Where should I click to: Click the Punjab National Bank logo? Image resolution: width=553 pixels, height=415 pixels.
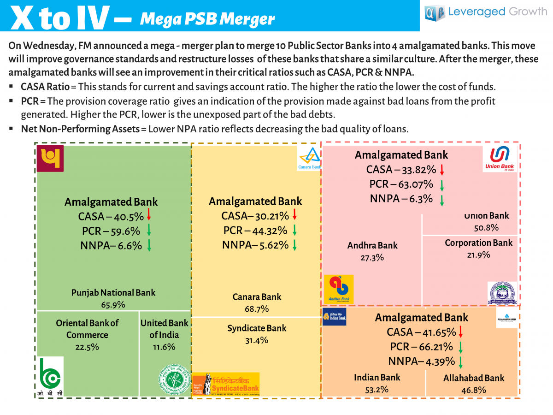pos(50,159)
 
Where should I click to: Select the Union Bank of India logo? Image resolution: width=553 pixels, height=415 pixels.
pos(500,158)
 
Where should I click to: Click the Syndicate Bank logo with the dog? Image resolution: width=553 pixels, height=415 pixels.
pos(226,384)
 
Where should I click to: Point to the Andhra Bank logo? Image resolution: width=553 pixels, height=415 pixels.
pos(339,289)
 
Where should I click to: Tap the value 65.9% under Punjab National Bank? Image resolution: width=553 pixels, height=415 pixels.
pos(113,304)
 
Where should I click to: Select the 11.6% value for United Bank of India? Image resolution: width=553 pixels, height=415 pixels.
pos(164,347)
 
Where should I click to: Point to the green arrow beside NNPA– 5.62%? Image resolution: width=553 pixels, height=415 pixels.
pos(294,245)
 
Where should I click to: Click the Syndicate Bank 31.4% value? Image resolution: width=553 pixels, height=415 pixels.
pos(257,340)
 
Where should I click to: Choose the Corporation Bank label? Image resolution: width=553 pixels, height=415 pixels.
pos(478,243)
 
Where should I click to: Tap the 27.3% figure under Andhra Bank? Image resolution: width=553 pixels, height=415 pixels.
pos(372,257)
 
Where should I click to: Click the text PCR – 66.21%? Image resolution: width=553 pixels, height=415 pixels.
pos(421,346)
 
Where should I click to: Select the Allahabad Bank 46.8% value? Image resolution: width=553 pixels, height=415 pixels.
pos(474,390)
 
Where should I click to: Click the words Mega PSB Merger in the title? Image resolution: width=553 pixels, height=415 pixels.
pos(207,19)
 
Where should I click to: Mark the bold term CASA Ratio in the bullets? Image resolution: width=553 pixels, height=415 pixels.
pos(45,87)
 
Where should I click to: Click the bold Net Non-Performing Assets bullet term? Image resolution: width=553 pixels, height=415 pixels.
pos(80,129)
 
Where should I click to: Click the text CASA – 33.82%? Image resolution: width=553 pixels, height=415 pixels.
pos(400,169)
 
